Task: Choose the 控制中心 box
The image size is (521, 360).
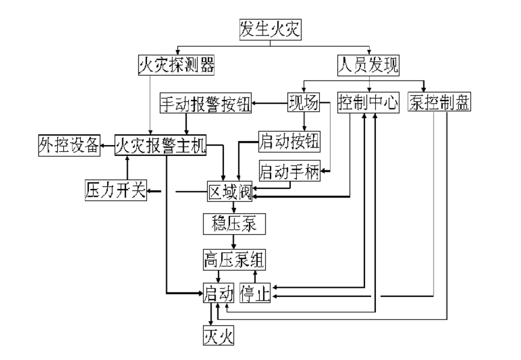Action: (368, 104)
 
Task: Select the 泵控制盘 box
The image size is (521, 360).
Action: (439, 104)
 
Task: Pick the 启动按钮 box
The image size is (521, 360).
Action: (290, 143)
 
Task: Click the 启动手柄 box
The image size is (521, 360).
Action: (290, 172)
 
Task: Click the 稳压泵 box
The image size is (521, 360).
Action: (234, 225)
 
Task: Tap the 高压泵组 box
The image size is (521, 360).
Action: (234, 260)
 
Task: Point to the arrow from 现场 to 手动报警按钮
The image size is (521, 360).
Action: (269, 104)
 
